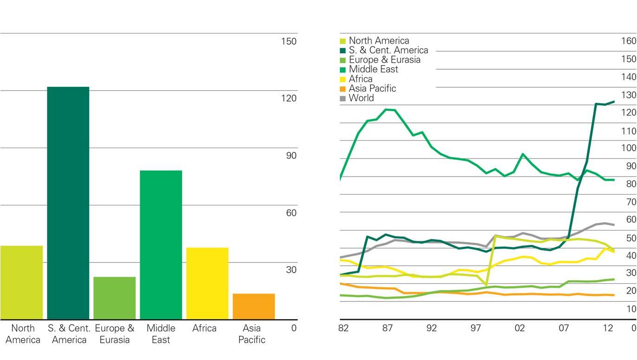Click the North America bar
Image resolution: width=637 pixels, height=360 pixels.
tap(21, 282)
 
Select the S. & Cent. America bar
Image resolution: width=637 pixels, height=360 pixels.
tap(68, 203)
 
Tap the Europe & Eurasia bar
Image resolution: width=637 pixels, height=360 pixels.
tap(114, 298)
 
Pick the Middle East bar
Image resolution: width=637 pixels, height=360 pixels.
tap(161, 245)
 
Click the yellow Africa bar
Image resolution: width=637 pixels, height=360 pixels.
tap(207, 283)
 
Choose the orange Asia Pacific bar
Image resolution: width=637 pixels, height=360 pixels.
tap(253, 306)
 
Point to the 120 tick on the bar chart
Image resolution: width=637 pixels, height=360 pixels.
tap(288, 98)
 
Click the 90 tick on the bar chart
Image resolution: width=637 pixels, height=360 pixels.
tap(291, 156)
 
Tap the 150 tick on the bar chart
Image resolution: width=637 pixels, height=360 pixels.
tap(288, 41)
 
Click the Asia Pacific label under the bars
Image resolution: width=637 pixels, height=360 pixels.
tap(252, 334)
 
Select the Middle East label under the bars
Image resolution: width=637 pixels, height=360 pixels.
tap(161, 334)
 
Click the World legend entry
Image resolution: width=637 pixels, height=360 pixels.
tap(361, 98)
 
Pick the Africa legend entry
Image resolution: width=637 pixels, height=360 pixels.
tap(360, 79)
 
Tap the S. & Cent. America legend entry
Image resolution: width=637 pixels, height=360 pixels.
tap(388, 50)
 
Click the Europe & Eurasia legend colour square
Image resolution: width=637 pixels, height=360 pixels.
tap(343, 60)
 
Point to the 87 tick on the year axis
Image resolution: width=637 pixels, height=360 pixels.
tap(387, 328)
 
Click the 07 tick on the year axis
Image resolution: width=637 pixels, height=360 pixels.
tap(564, 328)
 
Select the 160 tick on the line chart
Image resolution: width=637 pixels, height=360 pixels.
tap(628, 41)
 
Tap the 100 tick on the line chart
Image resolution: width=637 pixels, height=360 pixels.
tap(628, 148)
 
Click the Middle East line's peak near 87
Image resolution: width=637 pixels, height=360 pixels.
tap(386, 110)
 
